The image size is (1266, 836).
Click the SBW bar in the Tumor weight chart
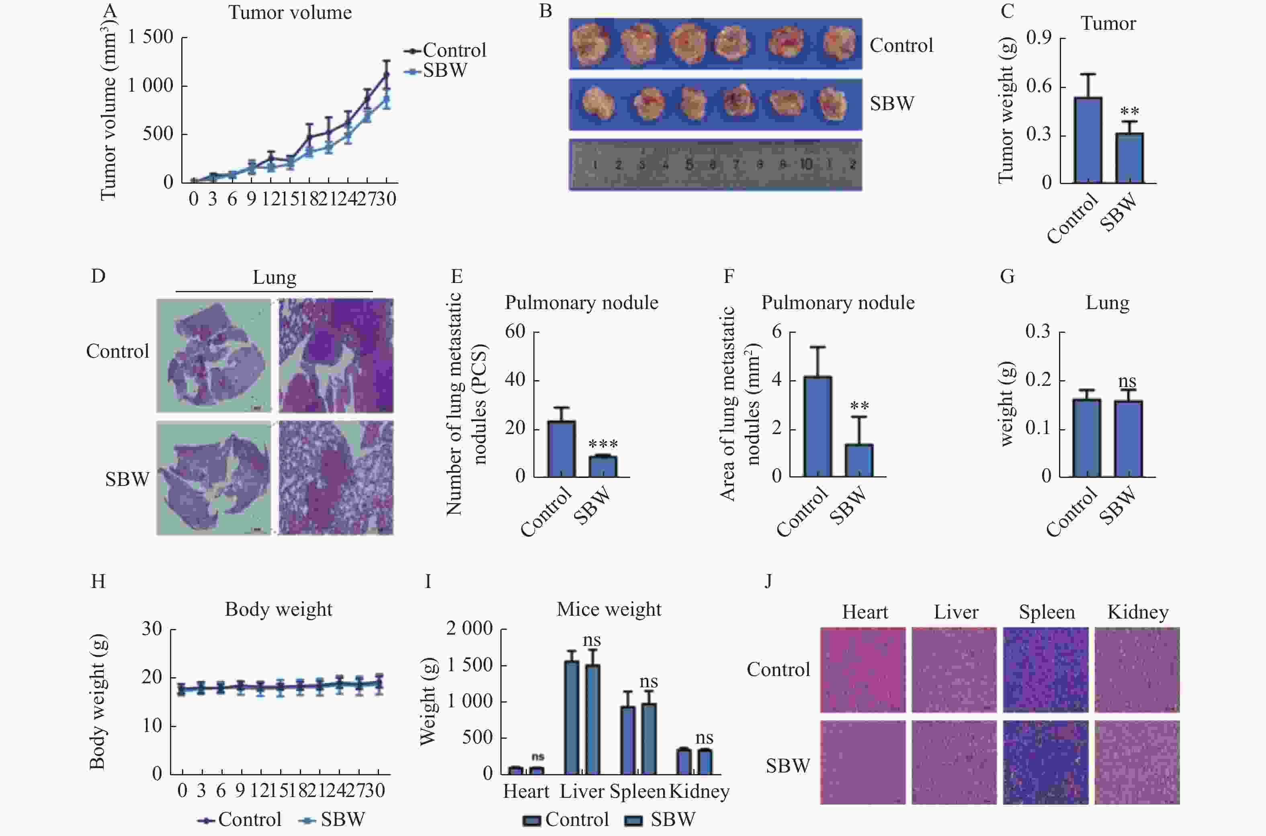(1129, 158)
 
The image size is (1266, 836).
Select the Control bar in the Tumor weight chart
(1088, 140)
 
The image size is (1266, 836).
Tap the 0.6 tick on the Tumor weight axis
(1039, 86)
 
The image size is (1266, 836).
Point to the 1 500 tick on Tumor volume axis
(150, 37)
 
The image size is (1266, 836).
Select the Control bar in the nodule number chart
(561, 449)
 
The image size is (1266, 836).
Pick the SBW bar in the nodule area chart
(859, 461)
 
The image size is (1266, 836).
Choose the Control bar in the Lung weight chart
(1087, 438)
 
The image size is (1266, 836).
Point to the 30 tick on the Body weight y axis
(152, 629)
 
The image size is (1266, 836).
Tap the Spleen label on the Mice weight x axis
(637, 792)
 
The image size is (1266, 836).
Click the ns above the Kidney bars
(704, 738)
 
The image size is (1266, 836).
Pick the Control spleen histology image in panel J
(1045, 670)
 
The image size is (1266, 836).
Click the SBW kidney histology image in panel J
(1137, 762)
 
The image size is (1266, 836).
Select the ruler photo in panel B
(715, 165)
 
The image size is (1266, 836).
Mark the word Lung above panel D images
(274, 278)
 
